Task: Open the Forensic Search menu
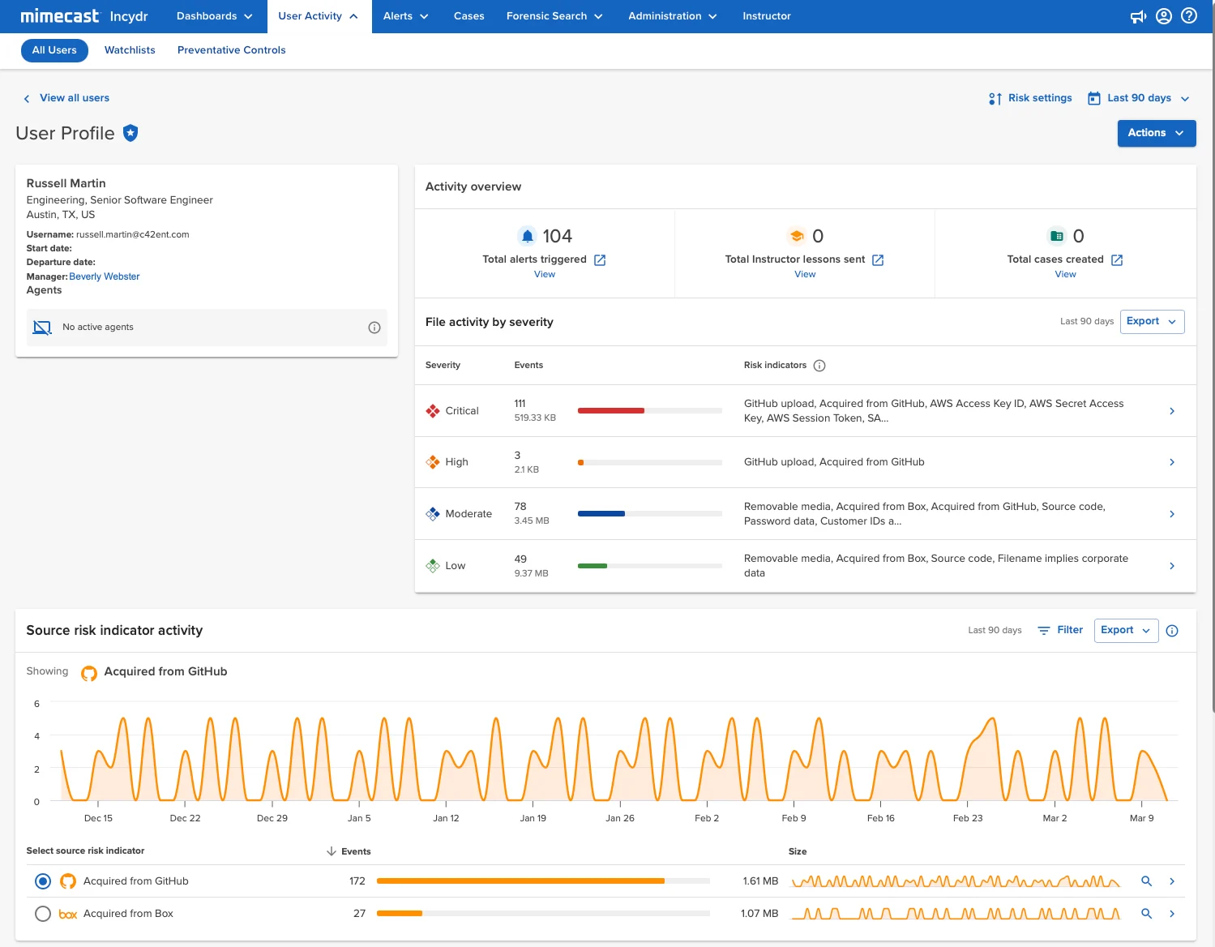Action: pos(554,16)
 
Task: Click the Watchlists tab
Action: pos(130,50)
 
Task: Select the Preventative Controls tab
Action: pos(232,50)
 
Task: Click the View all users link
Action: pos(75,98)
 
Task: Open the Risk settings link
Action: pos(1030,98)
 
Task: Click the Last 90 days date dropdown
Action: pos(1138,98)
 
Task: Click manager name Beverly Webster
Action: pos(105,276)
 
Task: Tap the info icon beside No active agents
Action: pos(374,328)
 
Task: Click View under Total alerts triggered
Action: pos(544,275)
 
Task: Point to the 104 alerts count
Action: pos(557,236)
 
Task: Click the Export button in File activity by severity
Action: pos(1152,321)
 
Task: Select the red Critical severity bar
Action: pos(610,411)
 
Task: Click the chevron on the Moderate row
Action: pos(1172,514)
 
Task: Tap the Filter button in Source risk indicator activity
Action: pos(1060,630)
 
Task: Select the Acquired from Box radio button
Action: pos(43,914)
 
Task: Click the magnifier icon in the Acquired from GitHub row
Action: pos(1146,881)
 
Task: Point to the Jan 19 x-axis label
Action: pos(533,818)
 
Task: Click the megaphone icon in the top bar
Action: pos(1138,17)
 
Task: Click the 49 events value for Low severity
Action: pos(520,559)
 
